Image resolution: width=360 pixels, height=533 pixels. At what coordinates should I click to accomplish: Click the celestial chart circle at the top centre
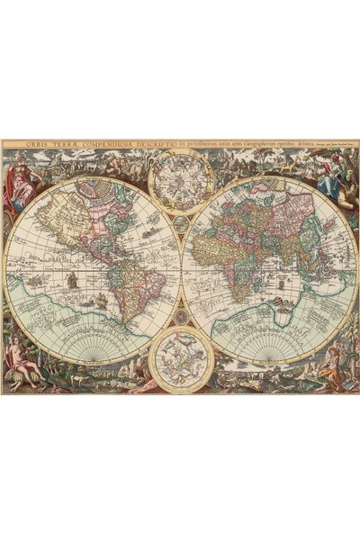[x=181, y=179]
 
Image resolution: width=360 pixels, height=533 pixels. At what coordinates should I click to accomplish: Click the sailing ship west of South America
[x=71, y=280]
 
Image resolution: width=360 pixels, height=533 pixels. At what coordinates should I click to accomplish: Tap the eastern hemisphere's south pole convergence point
[x=271, y=357]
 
